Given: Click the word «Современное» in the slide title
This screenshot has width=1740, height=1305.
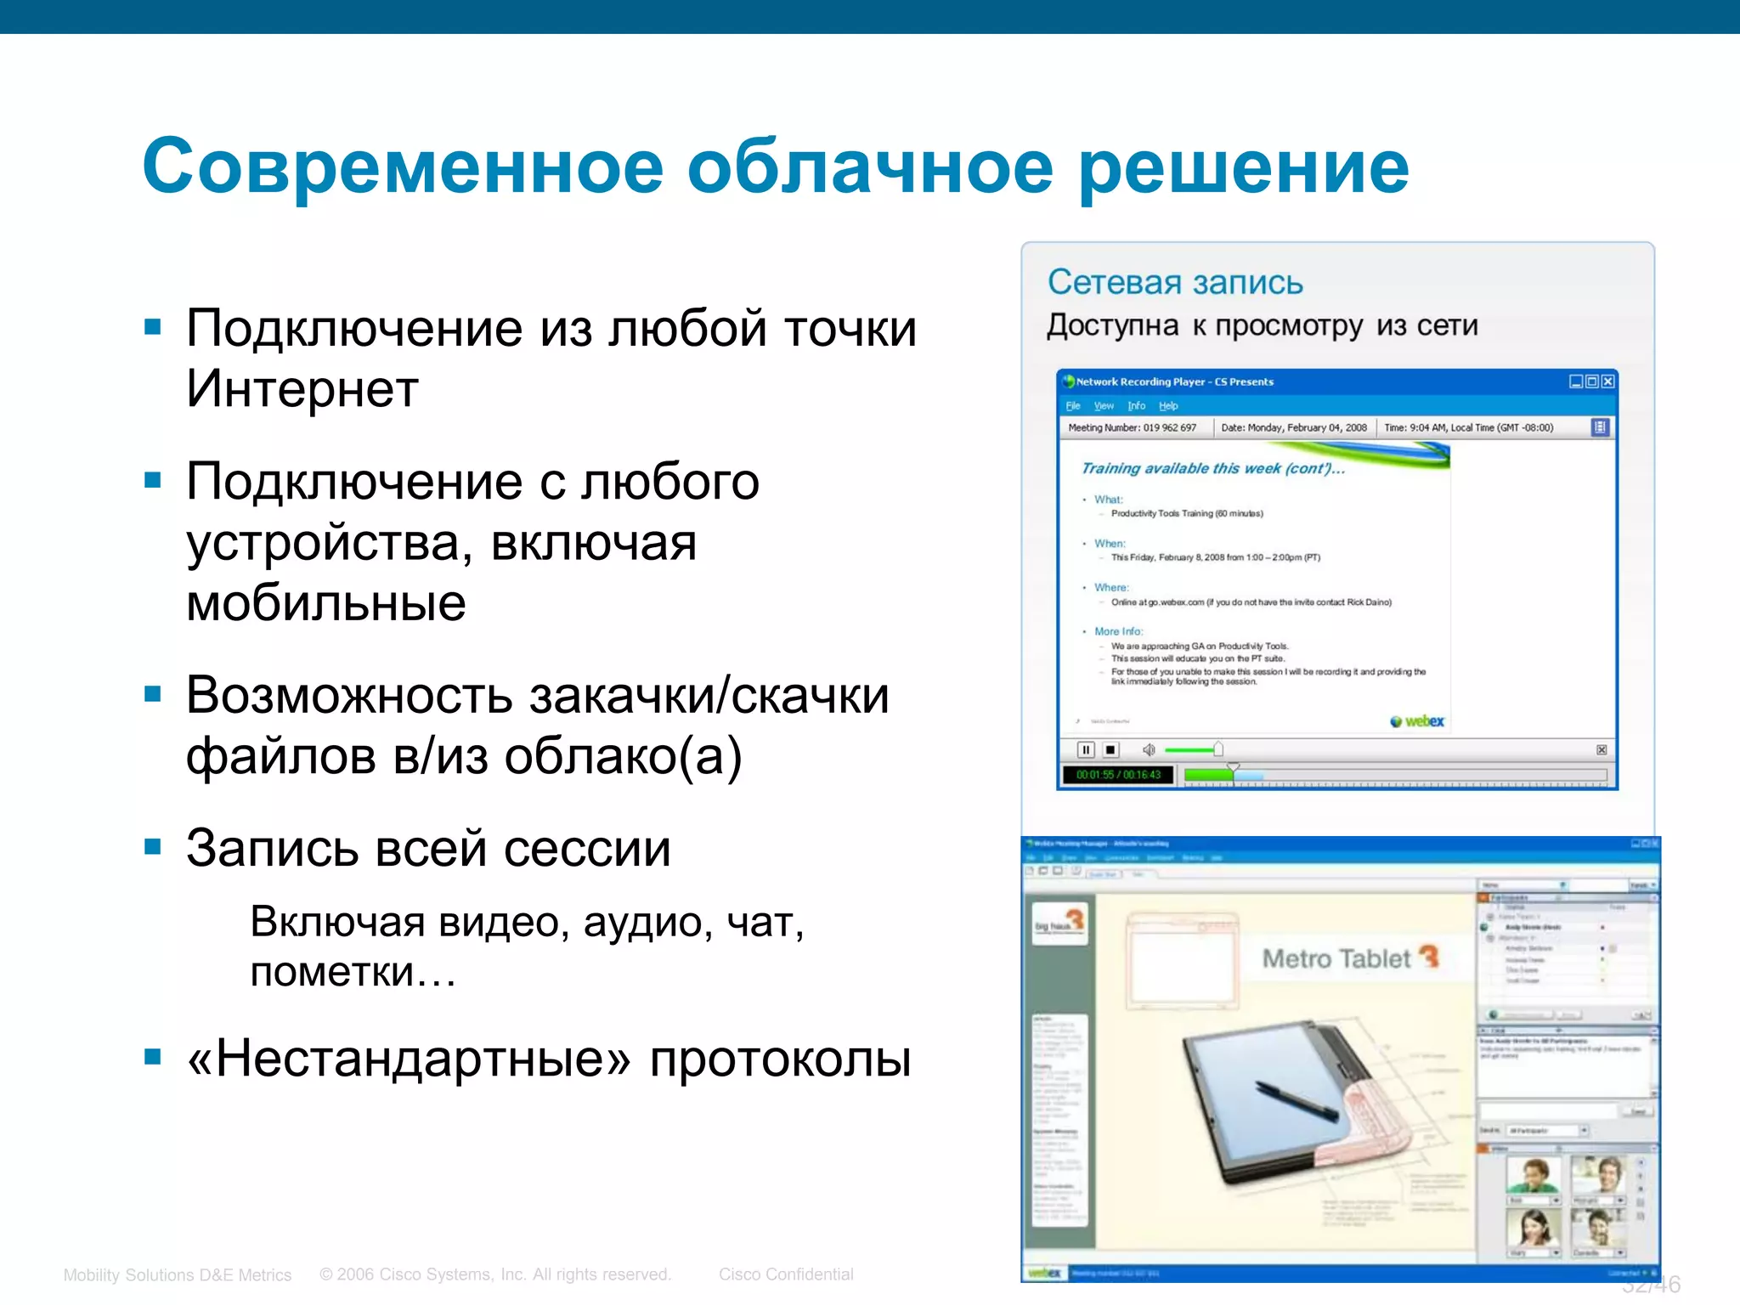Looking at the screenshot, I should coord(403,167).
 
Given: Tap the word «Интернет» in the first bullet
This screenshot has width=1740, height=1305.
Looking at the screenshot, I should coord(302,390).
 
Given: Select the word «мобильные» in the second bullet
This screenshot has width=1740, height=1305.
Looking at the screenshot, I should coord(326,603).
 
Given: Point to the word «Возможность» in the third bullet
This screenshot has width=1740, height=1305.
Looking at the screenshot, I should coord(349,696).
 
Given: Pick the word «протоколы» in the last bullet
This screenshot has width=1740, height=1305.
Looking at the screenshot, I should coord(780,1059).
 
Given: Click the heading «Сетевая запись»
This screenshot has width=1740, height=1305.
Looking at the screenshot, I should coord(1174,282).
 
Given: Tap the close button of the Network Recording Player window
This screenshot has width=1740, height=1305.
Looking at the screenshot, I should coord(1607,381).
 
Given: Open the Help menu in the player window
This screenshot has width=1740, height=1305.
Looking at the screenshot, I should coord(1168,406).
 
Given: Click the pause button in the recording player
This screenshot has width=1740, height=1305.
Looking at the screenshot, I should coord(1085,749).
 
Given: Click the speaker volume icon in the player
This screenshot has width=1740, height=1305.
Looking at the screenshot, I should coord(1149,749).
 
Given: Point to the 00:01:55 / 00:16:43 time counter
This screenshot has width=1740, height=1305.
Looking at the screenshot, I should coord(1118,775).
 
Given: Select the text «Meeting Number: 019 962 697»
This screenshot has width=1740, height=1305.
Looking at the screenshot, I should coord(1132,427).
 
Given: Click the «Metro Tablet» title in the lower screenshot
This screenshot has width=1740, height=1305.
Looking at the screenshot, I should coord(1336,959).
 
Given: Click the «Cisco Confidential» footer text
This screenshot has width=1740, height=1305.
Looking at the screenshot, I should coord(786,1274).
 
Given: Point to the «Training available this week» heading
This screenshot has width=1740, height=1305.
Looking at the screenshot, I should coord(1212,469).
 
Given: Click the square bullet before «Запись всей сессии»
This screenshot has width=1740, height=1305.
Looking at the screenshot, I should coord(153,846).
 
